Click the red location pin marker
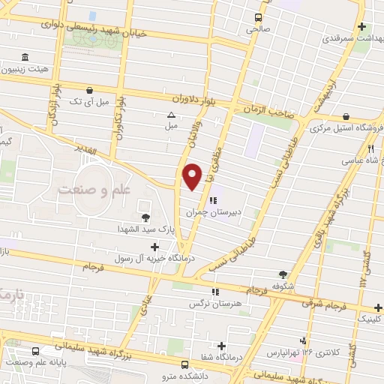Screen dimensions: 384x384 (x=193, y=175)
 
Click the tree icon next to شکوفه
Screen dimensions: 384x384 (x=283, y=274)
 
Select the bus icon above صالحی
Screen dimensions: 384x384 (x=259, y=17)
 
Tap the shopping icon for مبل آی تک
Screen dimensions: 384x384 (x=90, y=88)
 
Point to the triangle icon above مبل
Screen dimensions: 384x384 (x=171, y=115)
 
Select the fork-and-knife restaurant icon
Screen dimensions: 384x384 (x=370, y=148)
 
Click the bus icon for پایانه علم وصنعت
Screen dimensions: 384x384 (x=36, y=350)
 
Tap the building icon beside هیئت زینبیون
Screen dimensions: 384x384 (x=25, y=57)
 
